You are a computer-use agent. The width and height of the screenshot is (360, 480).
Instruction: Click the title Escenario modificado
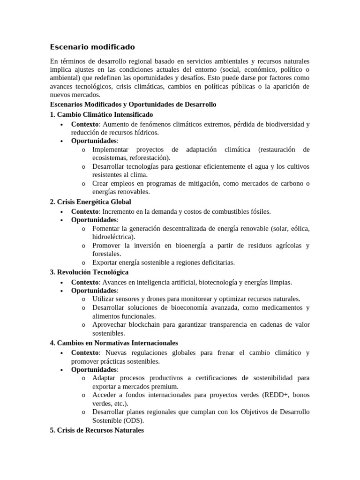pyautogui.click(x=92, y=47)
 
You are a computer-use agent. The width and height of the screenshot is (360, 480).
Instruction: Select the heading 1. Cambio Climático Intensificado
pyautogui.click(x=101, y=115)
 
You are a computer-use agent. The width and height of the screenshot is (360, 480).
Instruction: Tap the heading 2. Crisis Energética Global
pyautogui.click(x=90, y=202)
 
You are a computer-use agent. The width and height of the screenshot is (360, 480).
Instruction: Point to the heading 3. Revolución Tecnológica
pyautogui.click(x=89, y=272)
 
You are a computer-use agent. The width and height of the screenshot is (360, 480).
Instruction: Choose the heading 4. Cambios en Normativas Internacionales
pyautogui.click(x=114, y=343)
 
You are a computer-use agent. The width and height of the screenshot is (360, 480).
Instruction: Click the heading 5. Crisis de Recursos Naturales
pyautogui.click(x=97, y=430)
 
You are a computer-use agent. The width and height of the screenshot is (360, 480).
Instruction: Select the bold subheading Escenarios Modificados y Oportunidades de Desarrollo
pyautogui.click(x=133, y=105)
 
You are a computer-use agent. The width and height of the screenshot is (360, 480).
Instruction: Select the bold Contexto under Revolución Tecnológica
pyautogui.click(x=85, y=282)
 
